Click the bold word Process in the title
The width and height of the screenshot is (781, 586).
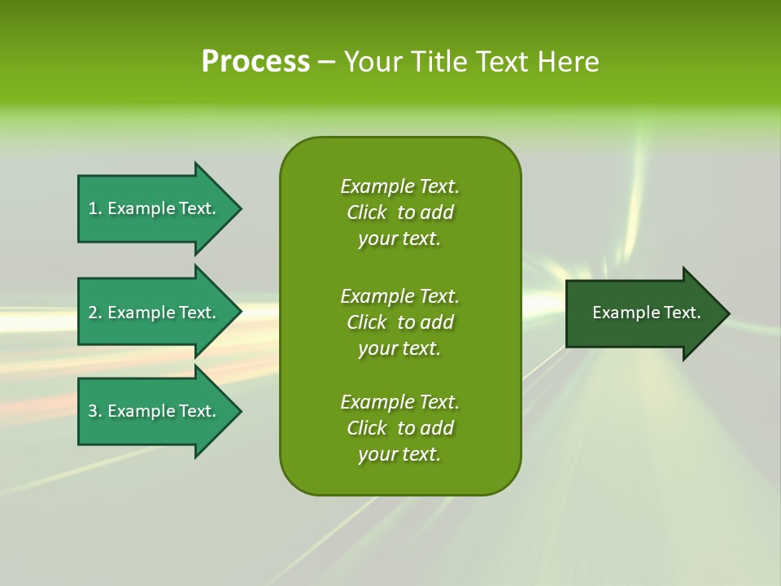coord(255,62)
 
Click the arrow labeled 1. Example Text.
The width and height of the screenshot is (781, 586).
coord(155,208)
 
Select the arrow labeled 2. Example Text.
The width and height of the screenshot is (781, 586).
coord(155,313)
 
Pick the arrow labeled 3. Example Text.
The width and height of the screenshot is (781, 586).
coord(155,411)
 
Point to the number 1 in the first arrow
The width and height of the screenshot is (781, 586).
coord(93,208)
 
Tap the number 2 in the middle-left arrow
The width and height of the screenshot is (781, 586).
coord(93,313)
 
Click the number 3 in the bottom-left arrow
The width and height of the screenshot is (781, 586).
coord(93,411)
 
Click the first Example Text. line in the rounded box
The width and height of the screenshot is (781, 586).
coord(399,186)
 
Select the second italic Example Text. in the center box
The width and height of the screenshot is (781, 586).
coord(399,295)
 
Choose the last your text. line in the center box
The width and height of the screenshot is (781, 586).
coord(399,454)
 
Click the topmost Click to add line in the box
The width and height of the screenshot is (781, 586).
coord(399,212)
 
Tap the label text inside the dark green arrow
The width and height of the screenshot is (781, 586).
coord(646,313)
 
